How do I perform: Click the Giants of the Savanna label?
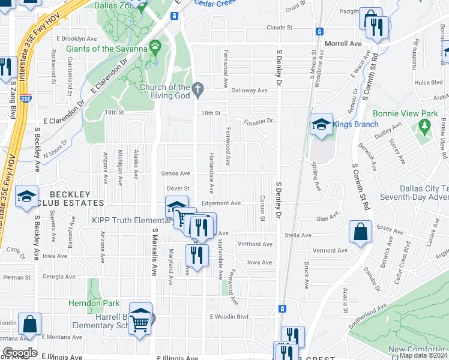107,49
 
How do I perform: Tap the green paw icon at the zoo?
155,46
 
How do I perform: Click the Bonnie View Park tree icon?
425,125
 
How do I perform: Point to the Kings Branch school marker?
321,125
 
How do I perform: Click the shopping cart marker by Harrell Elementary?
140,323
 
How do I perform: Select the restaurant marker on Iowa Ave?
197,254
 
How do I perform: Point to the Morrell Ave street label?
343,44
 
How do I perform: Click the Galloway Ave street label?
249,91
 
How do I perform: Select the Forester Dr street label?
259,121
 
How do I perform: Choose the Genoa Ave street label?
175,173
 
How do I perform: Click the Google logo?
20,353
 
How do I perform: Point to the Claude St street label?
279,28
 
